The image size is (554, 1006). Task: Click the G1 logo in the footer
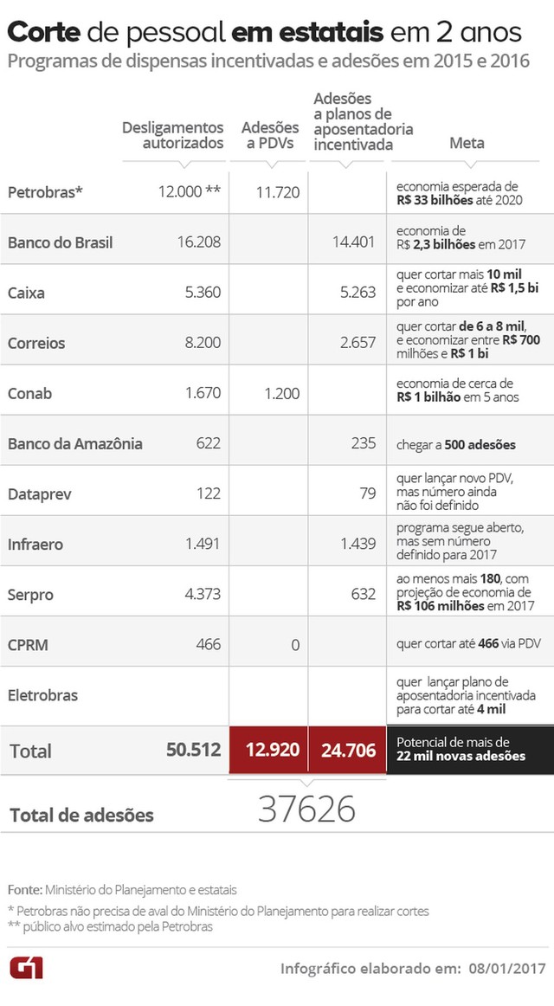26,968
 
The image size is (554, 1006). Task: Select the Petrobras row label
45,192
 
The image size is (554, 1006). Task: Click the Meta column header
467,143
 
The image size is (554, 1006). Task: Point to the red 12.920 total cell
269,750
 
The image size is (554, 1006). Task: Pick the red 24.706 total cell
347,750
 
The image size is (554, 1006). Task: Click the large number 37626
306,809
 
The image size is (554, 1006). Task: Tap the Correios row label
36,343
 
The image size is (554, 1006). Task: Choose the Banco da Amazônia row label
75,444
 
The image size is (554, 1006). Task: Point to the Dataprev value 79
367,494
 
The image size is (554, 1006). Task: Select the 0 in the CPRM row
295,644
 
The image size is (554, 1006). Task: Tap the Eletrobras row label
42,694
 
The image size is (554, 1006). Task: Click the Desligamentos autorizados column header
172,135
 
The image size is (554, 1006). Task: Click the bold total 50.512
193,750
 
